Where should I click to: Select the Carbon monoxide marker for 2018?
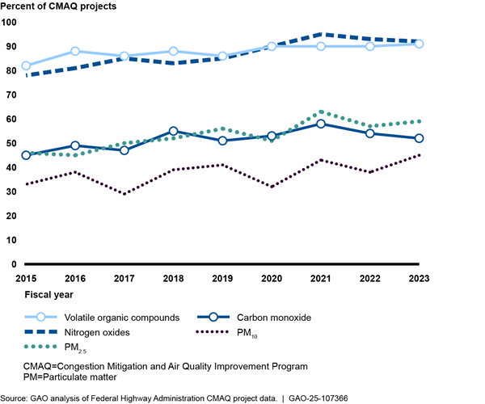(174, 131)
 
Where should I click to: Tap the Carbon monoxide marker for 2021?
(321, 124)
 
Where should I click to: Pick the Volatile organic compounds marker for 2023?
(420, 44)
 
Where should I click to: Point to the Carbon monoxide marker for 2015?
(26, 155)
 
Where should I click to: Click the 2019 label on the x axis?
(222, 278)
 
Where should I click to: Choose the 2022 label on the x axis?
(370, 278)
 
